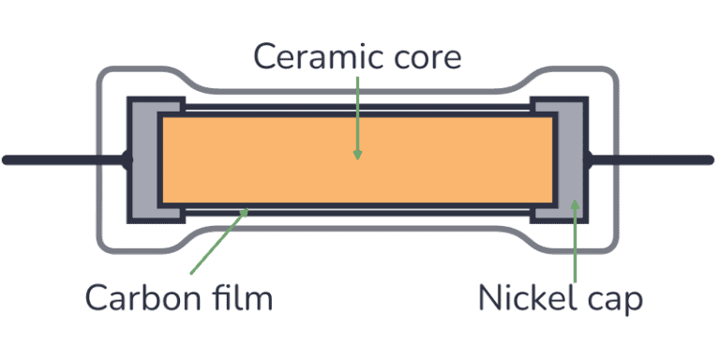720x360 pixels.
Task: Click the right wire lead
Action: [656, 160]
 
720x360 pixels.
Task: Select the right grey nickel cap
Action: [571, 159]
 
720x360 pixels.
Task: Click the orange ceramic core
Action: [281, 159]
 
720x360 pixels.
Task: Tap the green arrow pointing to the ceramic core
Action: [357, 112]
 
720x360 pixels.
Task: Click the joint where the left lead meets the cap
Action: [127, 160]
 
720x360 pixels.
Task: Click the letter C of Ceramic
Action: [266, 57]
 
